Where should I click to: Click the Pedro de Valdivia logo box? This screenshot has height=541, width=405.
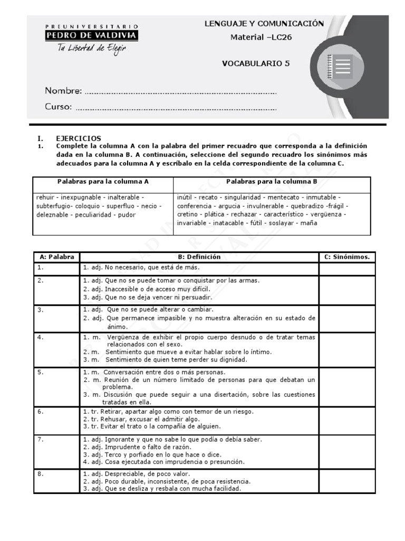coord(92,35)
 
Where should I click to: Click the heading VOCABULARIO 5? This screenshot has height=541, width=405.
coord(256,63)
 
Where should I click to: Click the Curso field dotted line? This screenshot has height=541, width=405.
coord(176,108)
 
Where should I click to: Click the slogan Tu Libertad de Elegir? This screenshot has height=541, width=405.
coord(92,49)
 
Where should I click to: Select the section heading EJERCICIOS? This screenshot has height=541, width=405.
coord(78,138)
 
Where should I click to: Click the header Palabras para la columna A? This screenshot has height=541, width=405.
coord(103,181)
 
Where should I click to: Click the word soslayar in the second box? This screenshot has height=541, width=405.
coord(282,223)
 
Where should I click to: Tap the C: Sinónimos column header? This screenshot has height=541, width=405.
coord(347,257)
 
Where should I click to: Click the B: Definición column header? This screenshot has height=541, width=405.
coord(199,257)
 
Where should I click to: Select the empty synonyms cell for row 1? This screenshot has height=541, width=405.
coord(347,268)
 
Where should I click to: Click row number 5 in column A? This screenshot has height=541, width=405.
coord(40,372)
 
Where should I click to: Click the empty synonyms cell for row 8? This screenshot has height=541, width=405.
coord(347,481)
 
